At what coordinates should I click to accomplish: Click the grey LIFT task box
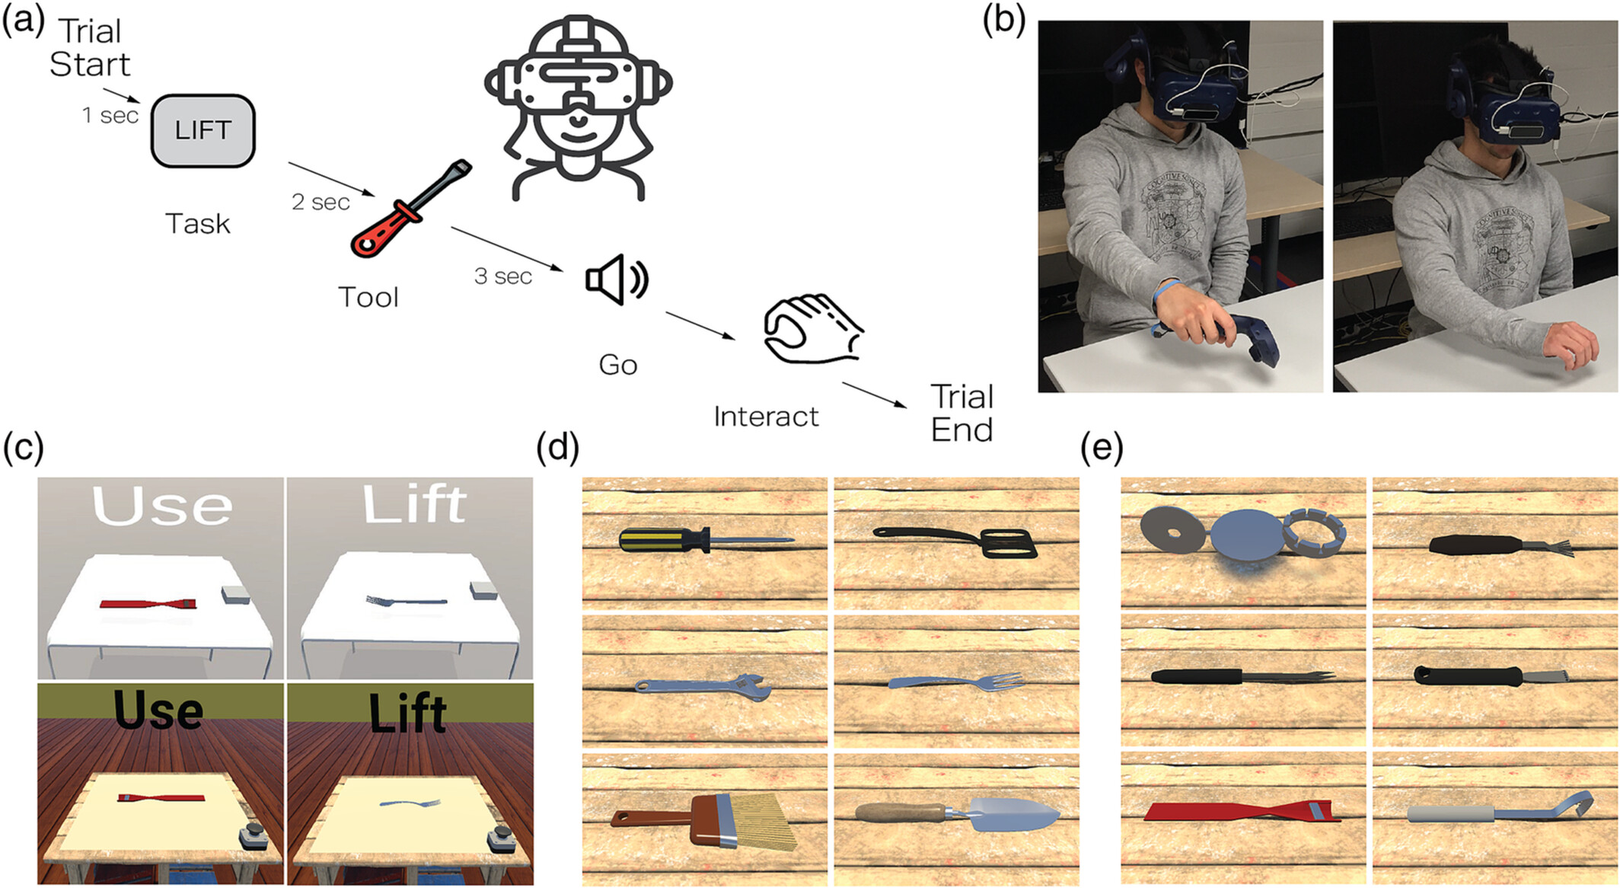(x=202, y=130)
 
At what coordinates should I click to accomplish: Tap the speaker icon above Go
(x=616, y=279)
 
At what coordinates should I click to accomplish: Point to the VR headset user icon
(x=579, y=107)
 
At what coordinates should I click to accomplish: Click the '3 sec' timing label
(x=502, y=276)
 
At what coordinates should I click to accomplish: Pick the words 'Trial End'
(x=962, y=413)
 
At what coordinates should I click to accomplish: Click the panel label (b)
(x=1003, y=20)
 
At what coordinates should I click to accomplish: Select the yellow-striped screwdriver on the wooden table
(x=704, y=540)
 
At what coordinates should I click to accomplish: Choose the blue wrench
(x=703, y=687)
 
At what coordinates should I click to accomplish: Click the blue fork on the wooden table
(x=956, y=681)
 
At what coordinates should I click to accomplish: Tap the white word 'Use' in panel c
(x=161, y=505)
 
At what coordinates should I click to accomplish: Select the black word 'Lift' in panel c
(x=407, y=713)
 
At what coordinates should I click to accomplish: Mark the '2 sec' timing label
(x=320, y=202)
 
